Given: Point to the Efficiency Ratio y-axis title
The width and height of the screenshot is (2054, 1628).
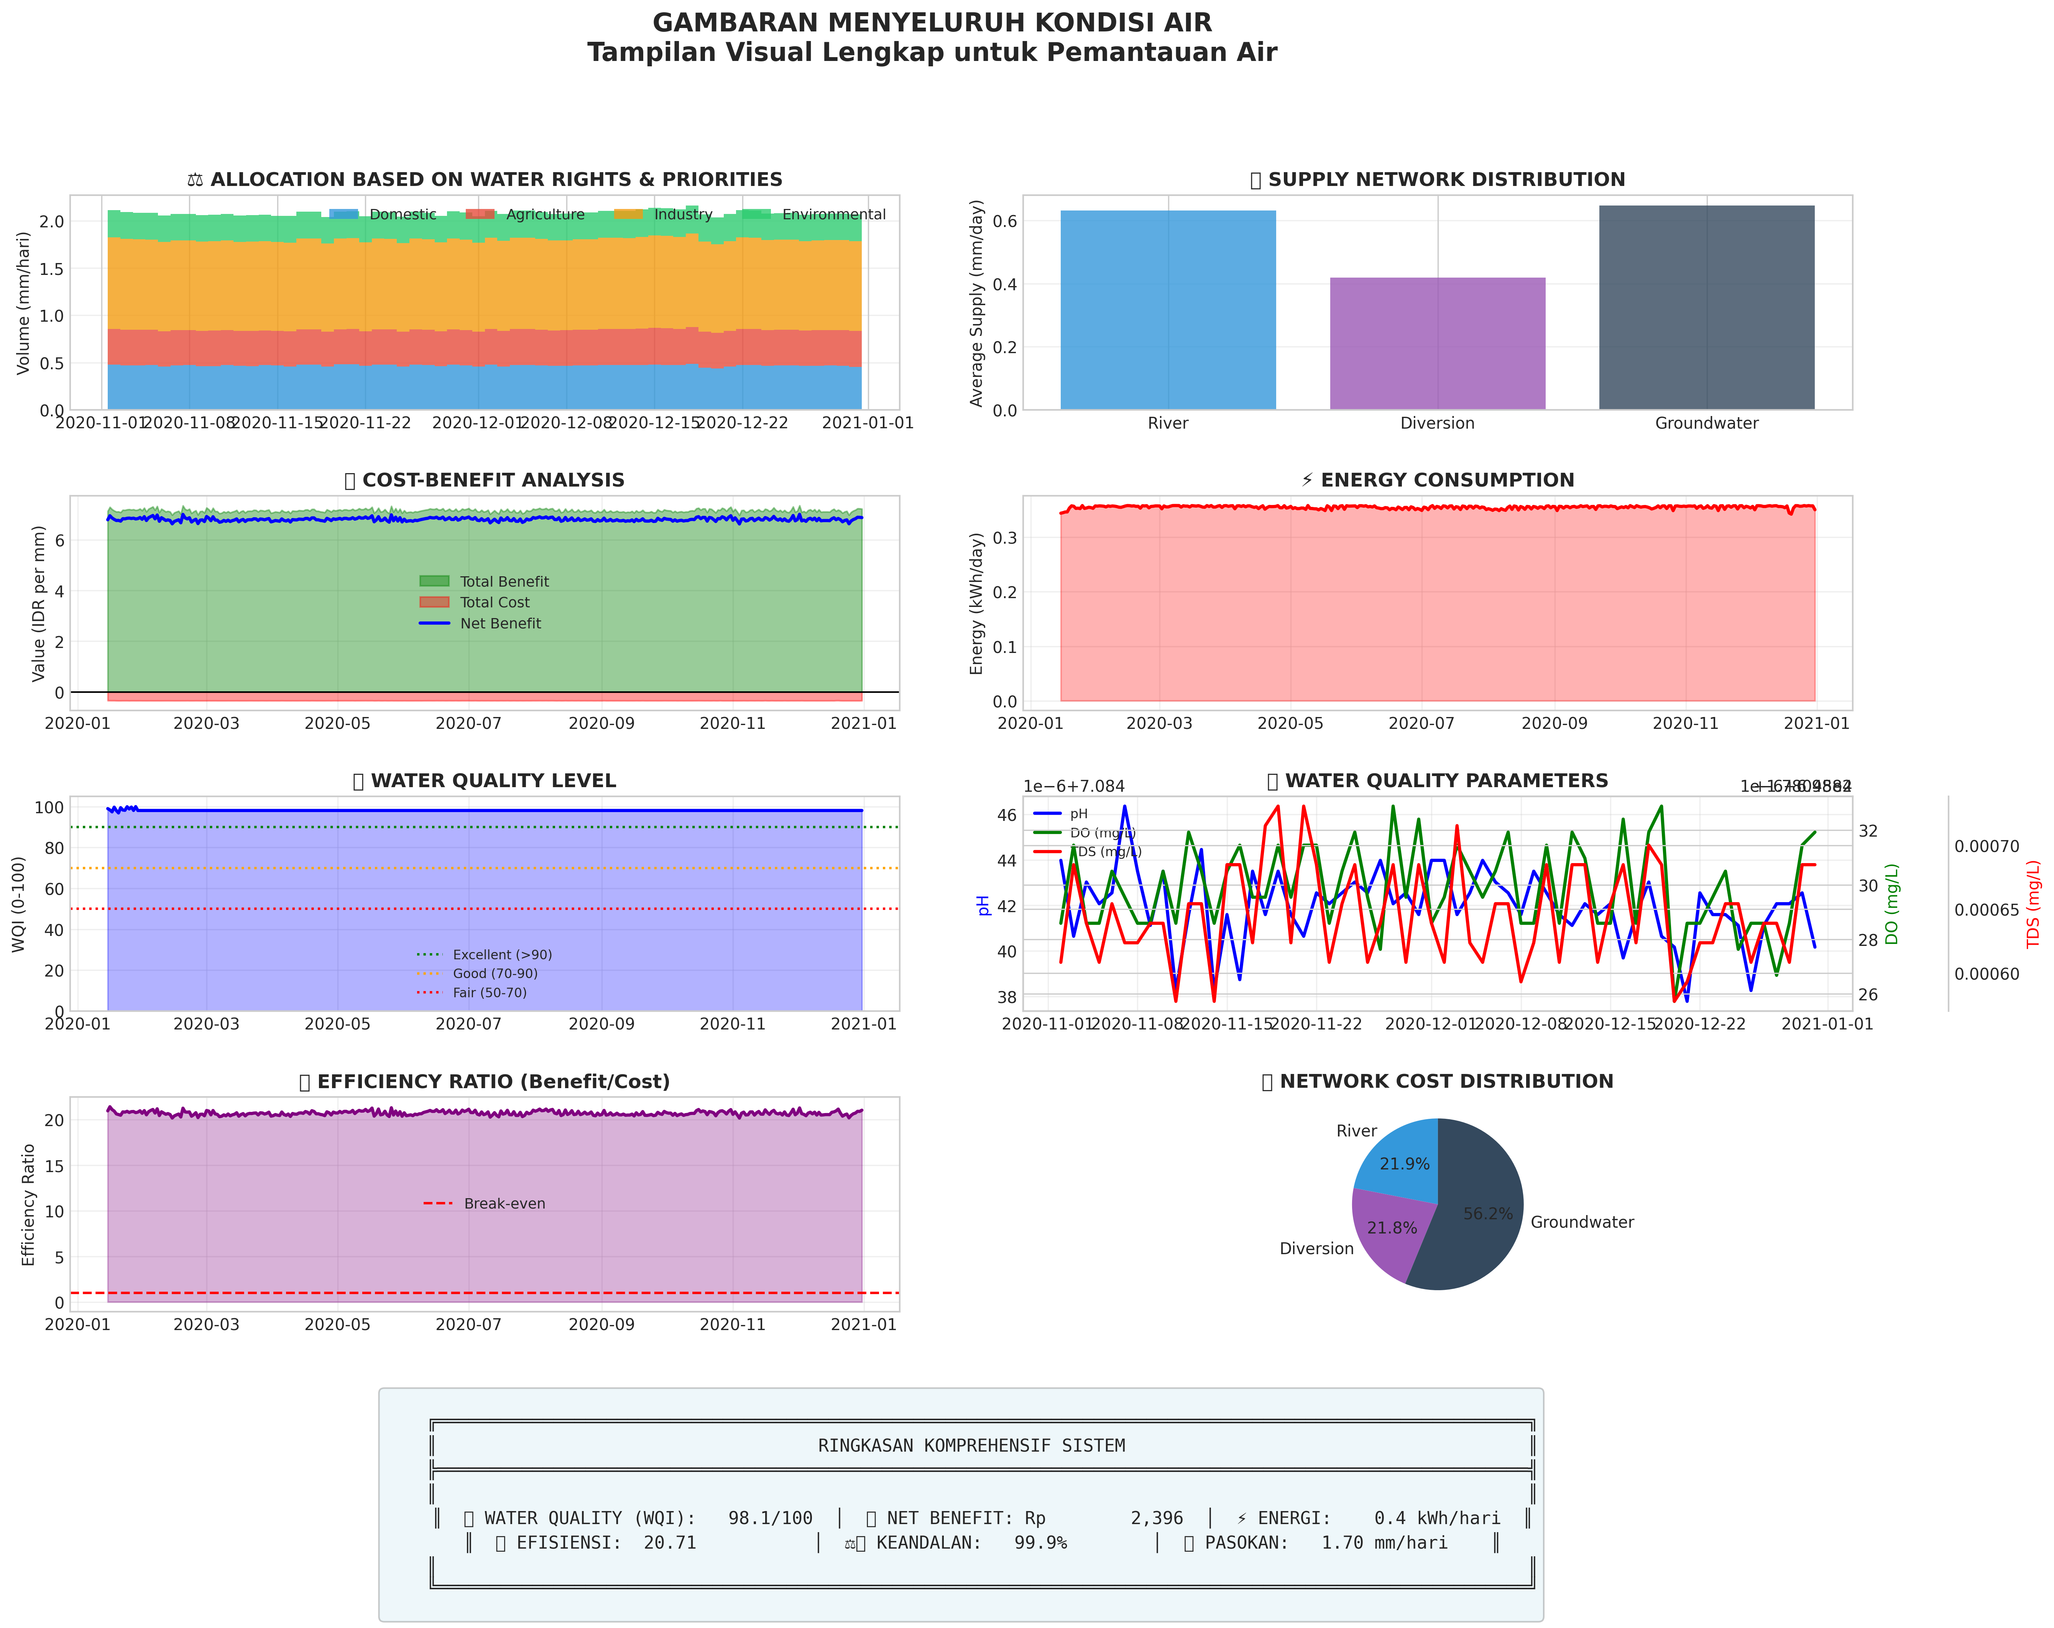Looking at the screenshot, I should [29, 1205].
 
